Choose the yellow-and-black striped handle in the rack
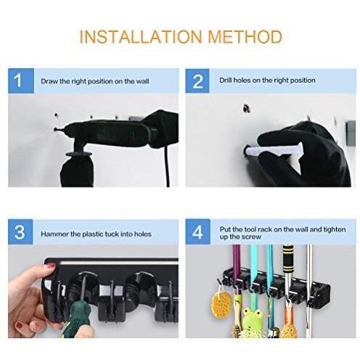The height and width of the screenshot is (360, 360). [288, 261]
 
